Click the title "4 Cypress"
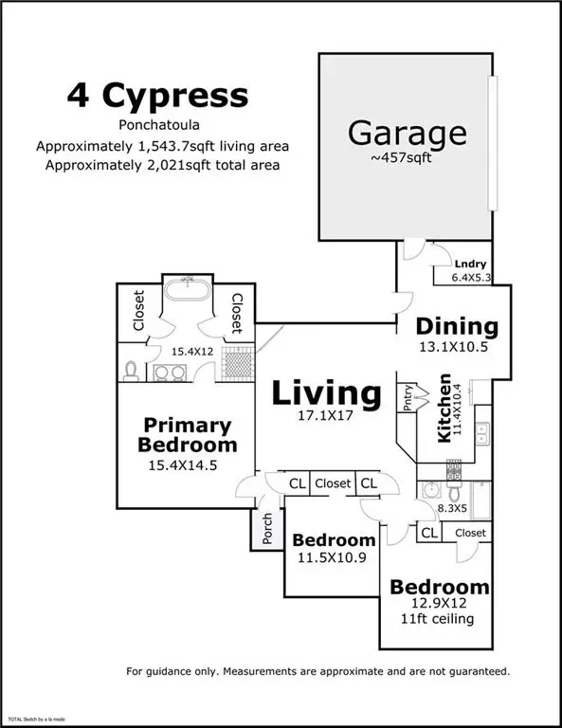pyautogui.click(x=157, y=96)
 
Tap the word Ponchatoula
pyautogui.click(x=159, y=125)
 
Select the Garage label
pyautogui.click(x=407, y=134)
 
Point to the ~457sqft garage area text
pyautogui.click(x=401, y=158)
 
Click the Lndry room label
pyautogui.click(x=470, y=264)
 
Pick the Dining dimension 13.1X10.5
pyautogui.click(x=453, y=347)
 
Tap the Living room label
pyautogui.click(x=326, y=393)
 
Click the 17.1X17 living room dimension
pyautogui.click(x=325, y=415)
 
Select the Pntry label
pyautogui.click(x=408, y=397)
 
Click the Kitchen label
pyautogui.click(x=444, y=408)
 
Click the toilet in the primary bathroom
pyautogui.click(x=132, y=371)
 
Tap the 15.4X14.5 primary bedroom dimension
pyautogui.click(x=182, y=465)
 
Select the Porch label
pyautogui.click(x=267, y=529)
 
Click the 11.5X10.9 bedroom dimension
pyautogui.click(x=332, y=557)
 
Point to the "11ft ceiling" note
pyautogui.click(x=437, y=619)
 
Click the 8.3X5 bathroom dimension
pyautogui.click(x=452, y=508)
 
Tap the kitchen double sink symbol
pyautogui.click(x=482, y=433)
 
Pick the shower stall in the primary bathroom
pyautogui.click(x=238, y=363)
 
